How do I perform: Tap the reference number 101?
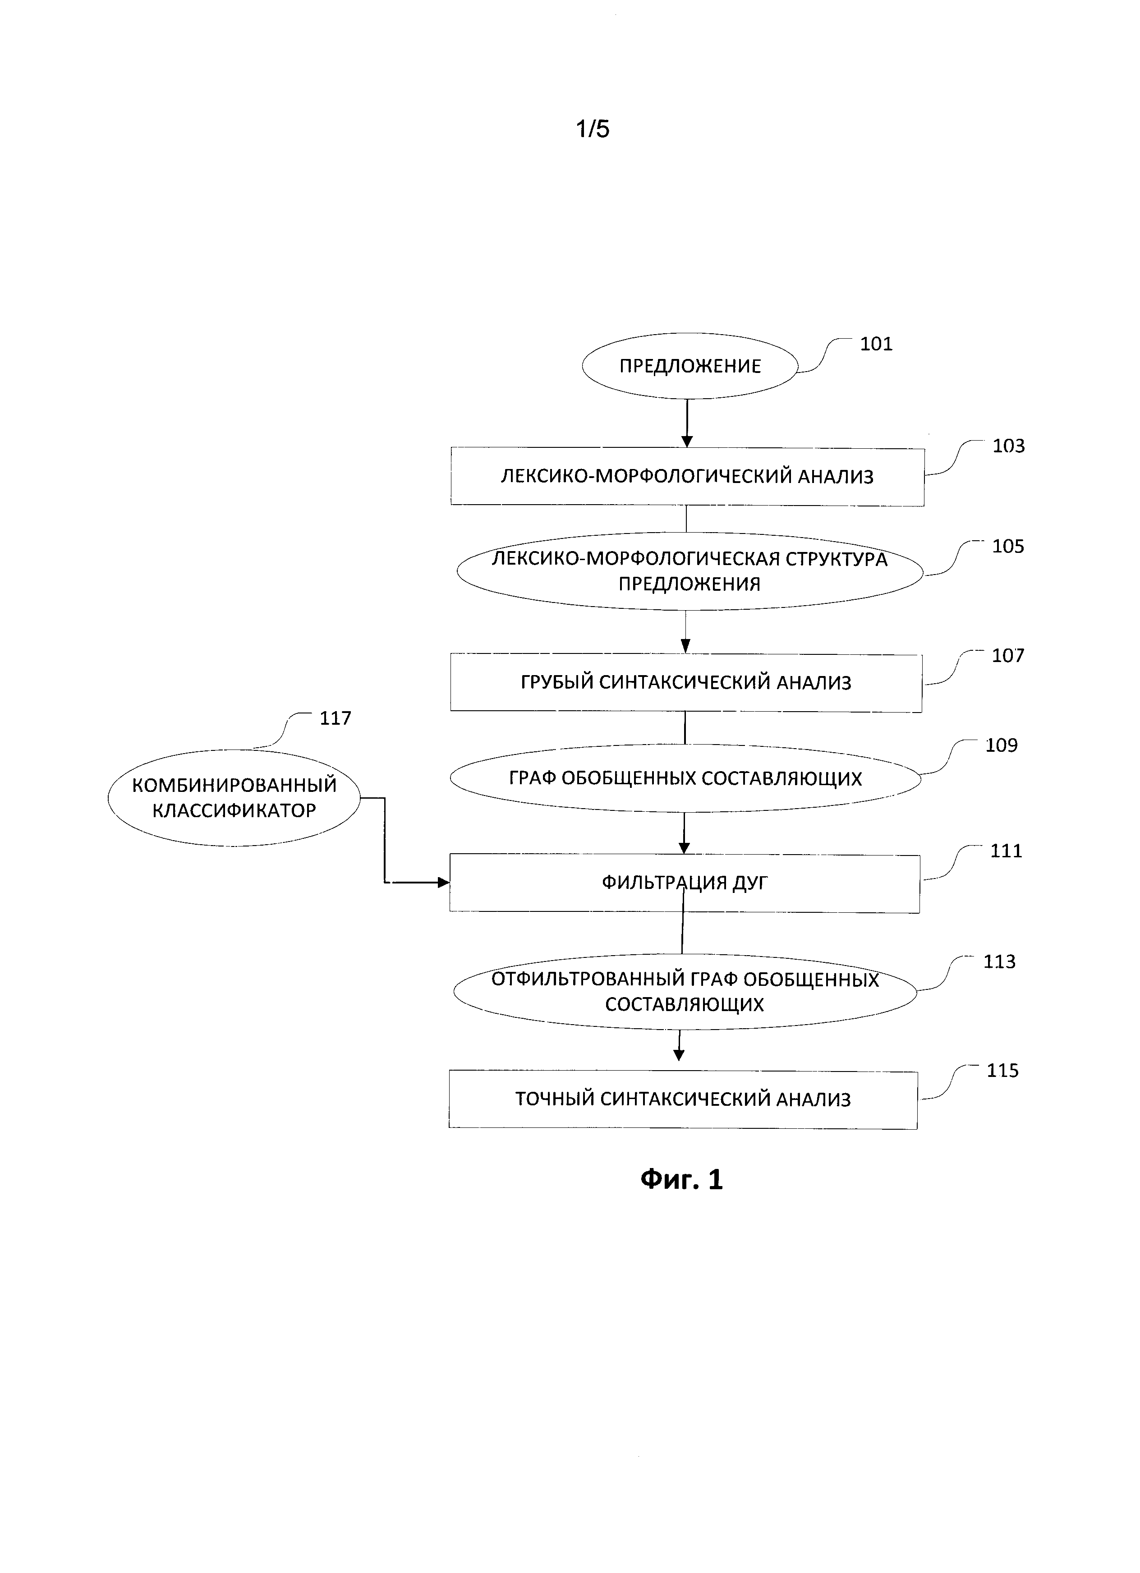(876, 344)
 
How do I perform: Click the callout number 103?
(1008, 446)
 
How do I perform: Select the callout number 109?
(1001, 745)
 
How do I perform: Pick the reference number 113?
(999, 962)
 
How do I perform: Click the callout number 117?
(335, 718)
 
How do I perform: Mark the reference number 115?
(1003, 1071)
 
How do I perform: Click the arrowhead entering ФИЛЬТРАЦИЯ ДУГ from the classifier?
(443, 883)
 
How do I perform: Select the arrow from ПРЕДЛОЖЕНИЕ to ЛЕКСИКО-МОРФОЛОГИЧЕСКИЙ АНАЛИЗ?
(687, 423)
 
